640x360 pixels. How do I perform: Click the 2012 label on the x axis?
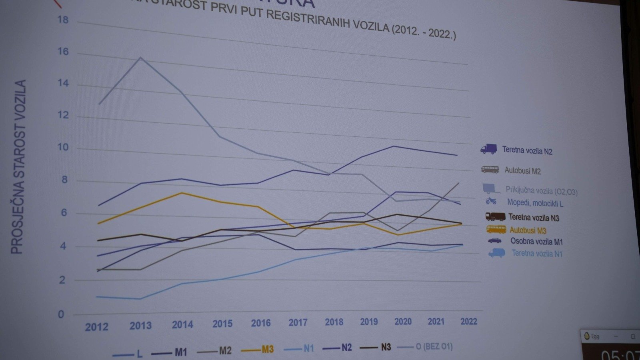pos(96,327)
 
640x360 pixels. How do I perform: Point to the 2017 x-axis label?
pos(298,322)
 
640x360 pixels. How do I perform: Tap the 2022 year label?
pos(468,322)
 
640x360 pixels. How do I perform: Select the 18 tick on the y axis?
pos(63,20)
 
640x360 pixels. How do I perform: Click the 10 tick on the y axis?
pos(63,147)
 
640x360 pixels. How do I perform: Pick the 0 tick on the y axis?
pos(61,314)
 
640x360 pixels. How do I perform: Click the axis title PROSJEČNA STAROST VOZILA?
pos(18,167)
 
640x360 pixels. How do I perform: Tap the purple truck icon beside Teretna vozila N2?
pos(488,149)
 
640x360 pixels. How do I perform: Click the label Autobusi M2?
pos(522,171)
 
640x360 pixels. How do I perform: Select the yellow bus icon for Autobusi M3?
pos(496,229)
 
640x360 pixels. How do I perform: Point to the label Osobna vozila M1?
pos(536,242)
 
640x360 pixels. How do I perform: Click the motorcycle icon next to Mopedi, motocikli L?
pos(491,201)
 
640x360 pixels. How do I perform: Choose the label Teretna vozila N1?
pos(537,253)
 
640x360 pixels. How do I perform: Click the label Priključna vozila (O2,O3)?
pos(541,191)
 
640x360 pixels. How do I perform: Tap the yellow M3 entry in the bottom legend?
pos(268,349)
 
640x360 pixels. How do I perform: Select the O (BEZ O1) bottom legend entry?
pos(434,346)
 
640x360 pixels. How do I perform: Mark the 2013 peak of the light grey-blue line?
pos(140,58)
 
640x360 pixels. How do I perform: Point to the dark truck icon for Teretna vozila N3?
pos(495,217)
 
